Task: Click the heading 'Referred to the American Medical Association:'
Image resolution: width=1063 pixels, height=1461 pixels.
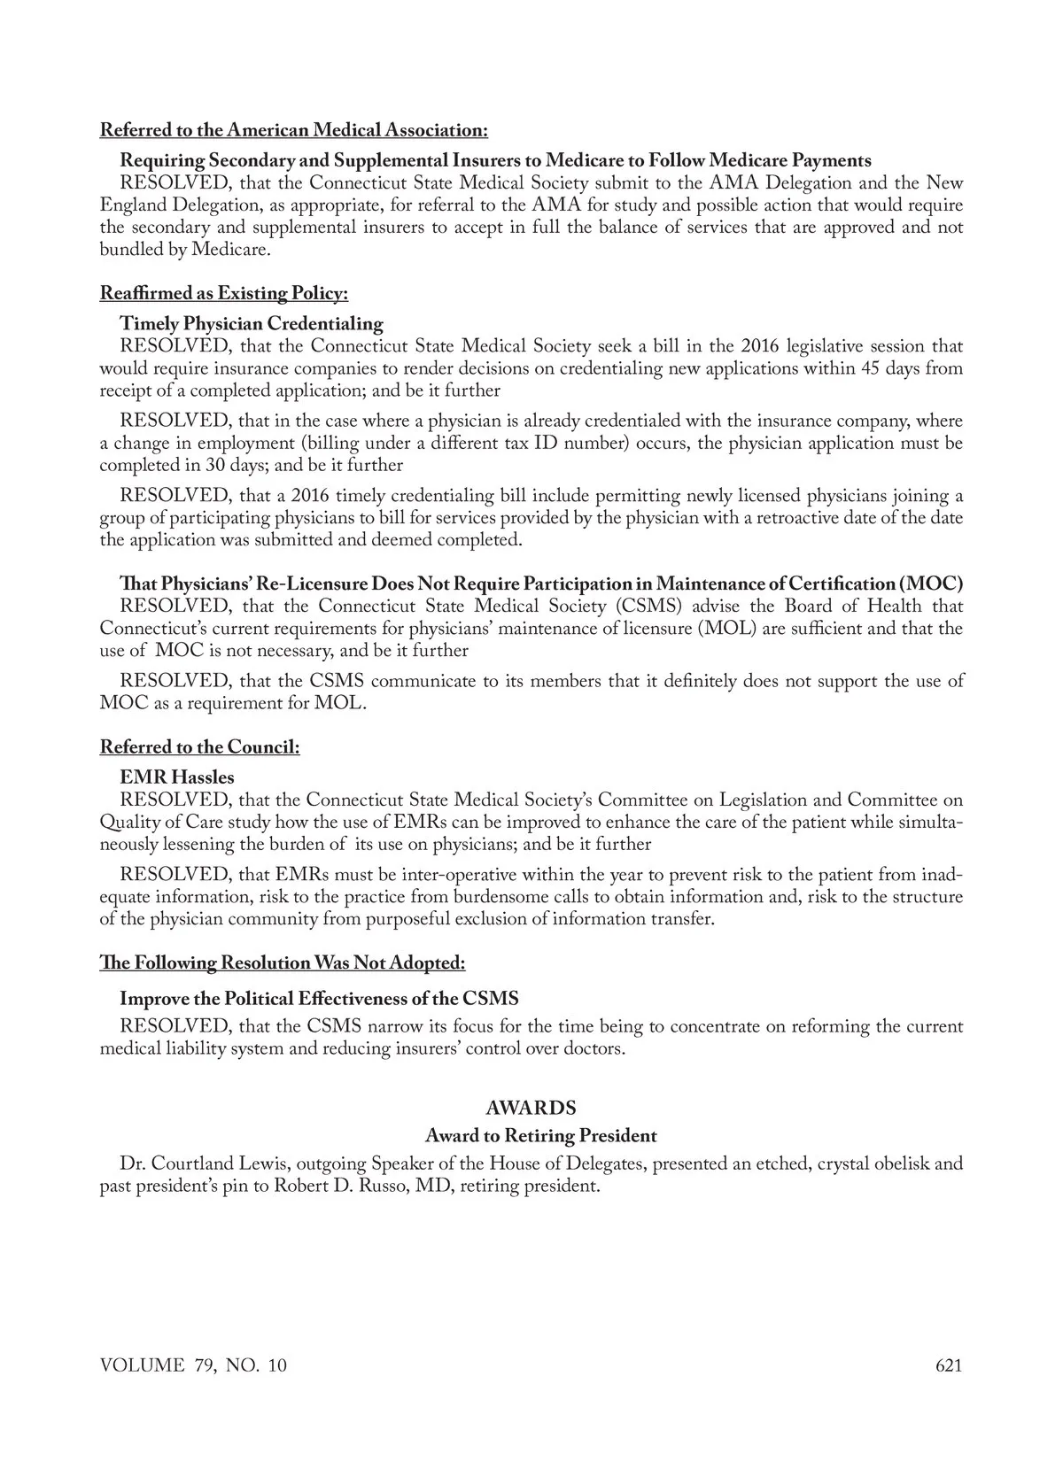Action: [293, 130]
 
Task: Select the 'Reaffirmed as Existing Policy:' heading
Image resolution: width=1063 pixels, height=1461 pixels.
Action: [223, 293]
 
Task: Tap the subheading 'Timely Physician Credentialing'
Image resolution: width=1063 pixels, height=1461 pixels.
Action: [252, 323]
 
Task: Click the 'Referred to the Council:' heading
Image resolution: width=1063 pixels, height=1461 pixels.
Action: [199, 746]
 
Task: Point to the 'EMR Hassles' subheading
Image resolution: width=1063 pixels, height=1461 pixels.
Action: [177, 777]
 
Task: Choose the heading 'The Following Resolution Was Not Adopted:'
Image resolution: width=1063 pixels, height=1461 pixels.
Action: [282, 962]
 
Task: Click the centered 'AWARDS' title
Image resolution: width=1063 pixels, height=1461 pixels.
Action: [531, 1108]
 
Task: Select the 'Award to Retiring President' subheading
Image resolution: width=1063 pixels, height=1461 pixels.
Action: [540, 1135]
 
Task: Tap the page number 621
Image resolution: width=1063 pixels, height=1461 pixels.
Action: [948, 1365]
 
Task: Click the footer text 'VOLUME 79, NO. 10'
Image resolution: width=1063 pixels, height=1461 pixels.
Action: [193, 1365]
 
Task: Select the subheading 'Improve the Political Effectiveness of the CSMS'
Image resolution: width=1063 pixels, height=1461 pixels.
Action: [319, 998]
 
